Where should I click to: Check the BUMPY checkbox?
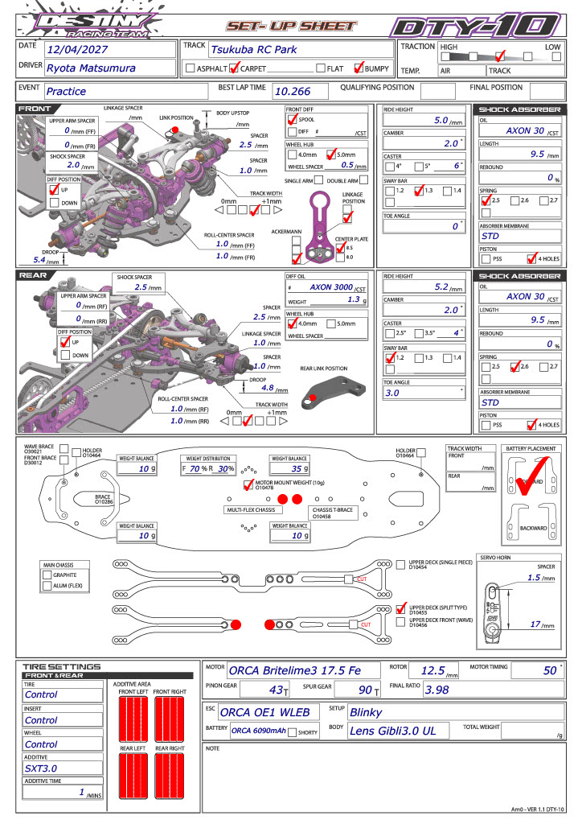coord(359,68)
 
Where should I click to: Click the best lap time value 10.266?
coord(291,92)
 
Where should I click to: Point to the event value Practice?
coord(66,92)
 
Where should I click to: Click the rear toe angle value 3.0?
coord(393,393)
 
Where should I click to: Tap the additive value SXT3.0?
coord(41,768)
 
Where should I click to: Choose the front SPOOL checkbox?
coord(293,119)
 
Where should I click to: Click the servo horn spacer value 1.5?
coord(531,578)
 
